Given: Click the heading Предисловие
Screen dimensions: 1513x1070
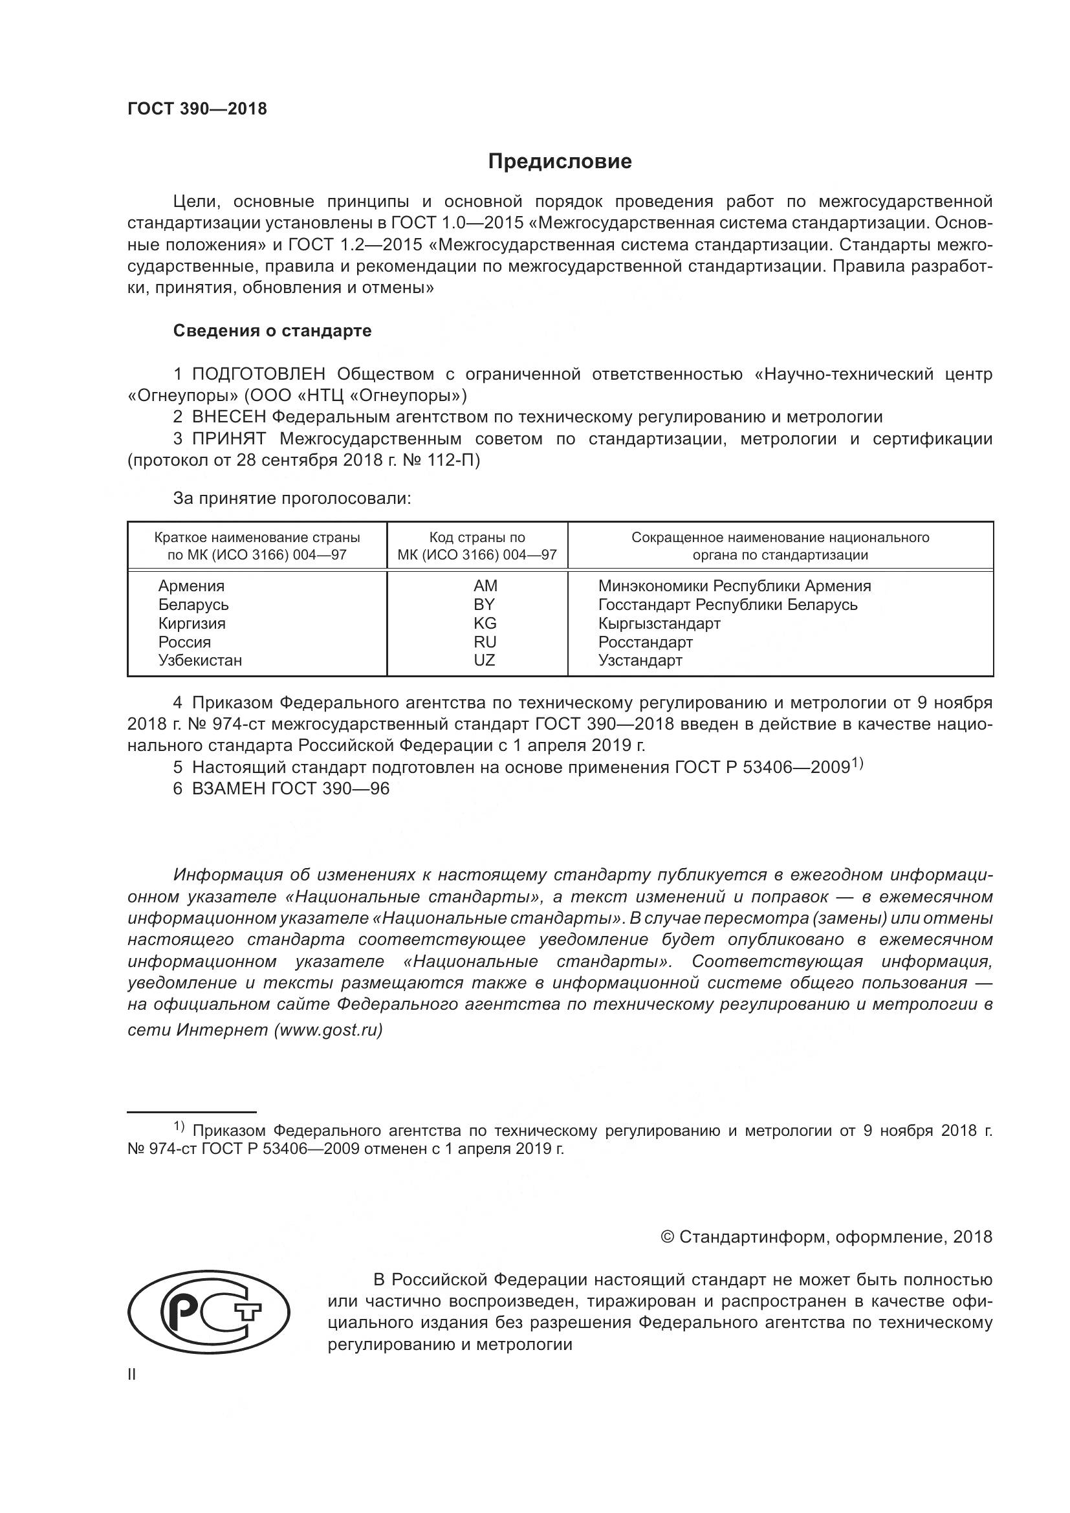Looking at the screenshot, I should click(x=560, y=162).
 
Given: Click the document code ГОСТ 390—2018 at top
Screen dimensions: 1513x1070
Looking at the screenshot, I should click(x=197, y=109).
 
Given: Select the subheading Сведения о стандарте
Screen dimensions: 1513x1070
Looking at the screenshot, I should click(x=272, y=331).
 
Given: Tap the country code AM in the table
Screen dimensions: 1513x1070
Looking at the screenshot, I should click(x=485, y=586).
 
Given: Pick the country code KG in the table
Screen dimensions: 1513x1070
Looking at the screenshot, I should click(x=485, y=623).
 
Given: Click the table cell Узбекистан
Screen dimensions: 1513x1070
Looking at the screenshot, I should click(x=200, y=660).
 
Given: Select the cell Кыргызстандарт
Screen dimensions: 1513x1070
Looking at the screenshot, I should click(x=659, y=623).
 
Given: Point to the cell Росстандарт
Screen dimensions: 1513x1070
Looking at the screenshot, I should click(x=645, y=642).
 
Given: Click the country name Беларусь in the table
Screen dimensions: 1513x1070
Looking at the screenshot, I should click(x=193, y=604).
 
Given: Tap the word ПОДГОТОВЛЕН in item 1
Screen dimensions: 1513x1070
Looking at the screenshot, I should click(x=258, y=375).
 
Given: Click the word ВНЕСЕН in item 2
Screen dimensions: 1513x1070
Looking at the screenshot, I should click(x=229, y=417).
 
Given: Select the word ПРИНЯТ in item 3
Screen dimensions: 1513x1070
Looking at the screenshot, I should click(x=228, y=439).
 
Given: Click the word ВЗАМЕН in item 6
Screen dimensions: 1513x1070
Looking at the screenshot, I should click(x=228, y=789).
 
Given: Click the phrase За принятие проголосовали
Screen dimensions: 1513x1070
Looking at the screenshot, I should click(x=292, y=499).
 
